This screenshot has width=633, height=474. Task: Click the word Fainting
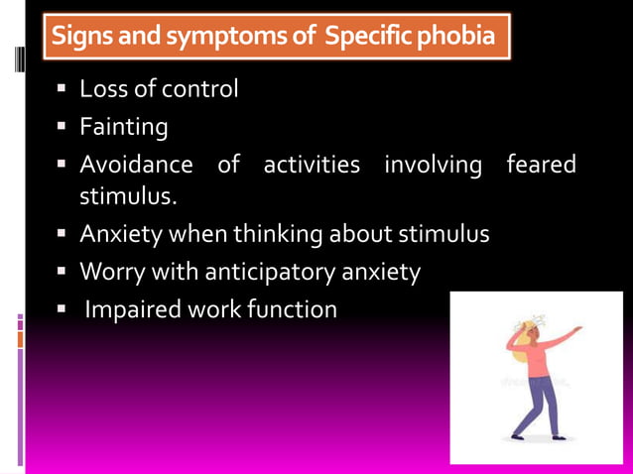(x=123, y=128)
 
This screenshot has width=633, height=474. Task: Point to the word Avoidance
(x=136, y=165)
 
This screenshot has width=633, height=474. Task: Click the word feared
(x=541, y=165)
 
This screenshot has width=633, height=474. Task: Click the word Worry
(x=111, y=272)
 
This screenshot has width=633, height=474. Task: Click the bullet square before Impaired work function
(x=60, y=309)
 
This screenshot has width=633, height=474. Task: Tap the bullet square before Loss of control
(x=60, y=89)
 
